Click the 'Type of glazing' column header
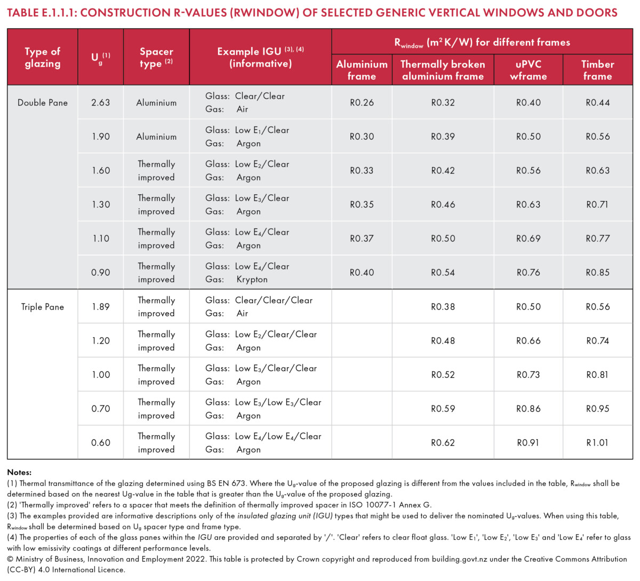(43, 58)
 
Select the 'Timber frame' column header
(597, 70)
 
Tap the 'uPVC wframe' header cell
(529, 70)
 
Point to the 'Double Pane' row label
(43, 102)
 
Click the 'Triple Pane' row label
(43, 307)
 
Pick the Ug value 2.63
(100, 102)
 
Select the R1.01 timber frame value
(597, 442)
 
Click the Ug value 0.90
(100, 272)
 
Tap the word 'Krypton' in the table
(252, 280)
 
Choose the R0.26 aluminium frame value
(362, 102)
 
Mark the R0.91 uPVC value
(528, 442)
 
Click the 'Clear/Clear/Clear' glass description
(274, 300)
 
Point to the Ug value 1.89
(101, 307)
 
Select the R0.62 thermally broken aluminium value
(443, 442)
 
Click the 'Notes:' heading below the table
(19, 472)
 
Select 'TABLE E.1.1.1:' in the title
(42, 13)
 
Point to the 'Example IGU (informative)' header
(260, 58)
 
